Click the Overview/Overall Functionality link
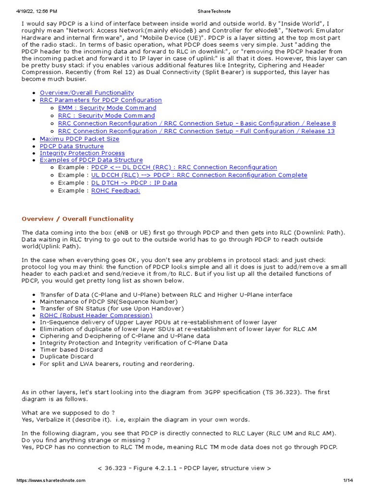(x=86, y=93)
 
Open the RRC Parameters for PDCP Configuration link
(x=100, y=100)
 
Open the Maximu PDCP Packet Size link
(x=79, y=139)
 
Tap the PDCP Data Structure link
(x=71, y=146)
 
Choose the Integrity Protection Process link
(x=82, y=153)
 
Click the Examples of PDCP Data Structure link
(x=91, y=160)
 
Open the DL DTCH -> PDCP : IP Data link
(x=134, y=183)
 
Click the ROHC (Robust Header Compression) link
(x=96, y=315)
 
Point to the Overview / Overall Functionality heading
(x=77, y=219)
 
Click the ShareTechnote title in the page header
(x=184, y=11)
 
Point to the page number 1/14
(x=348, y=480)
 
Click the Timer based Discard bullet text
(x=71, y=350)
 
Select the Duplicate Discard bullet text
(x=64, y=357)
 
